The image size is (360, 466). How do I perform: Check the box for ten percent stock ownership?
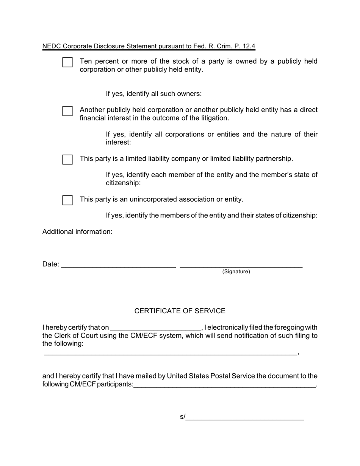[x=67, y=63]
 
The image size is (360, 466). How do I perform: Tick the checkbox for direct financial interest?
[x=67, y=111]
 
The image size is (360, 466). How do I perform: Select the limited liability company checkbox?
[x=67, y=160]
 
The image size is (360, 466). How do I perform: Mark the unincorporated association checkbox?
[x=67, y=200]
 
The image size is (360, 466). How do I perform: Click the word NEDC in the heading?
[x=52, y=46]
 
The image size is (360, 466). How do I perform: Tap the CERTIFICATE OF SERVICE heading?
[x=180, y=311]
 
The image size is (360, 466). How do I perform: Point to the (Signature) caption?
[x=236, y=272]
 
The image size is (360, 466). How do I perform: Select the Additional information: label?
[x=77, y=231]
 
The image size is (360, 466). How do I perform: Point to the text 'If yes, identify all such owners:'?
[x=154, y=94]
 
